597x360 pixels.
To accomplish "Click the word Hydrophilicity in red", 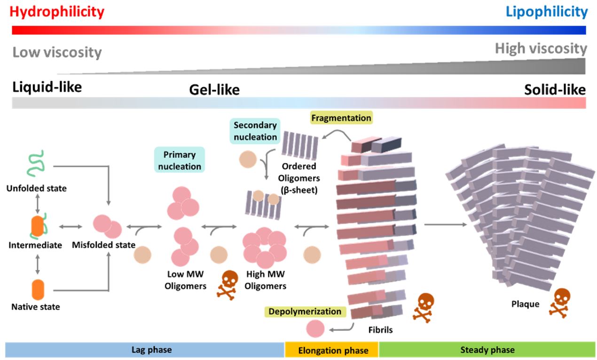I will point(57,12).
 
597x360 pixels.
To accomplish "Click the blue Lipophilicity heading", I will point(547,12).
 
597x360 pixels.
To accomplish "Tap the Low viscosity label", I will point(57,52).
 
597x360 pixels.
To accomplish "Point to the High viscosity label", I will point(541,48).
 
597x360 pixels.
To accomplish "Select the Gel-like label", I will point(214,90).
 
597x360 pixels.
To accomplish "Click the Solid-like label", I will point(555,89).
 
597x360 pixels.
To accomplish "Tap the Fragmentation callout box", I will point(340,117).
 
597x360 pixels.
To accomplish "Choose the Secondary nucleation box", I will point(256,131).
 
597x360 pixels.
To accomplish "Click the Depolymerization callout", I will point(305,311).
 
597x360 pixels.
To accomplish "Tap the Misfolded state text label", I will point(104,245).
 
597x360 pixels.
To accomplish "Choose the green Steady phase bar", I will point(487,350).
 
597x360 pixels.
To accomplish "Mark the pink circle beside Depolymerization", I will point(315,329).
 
